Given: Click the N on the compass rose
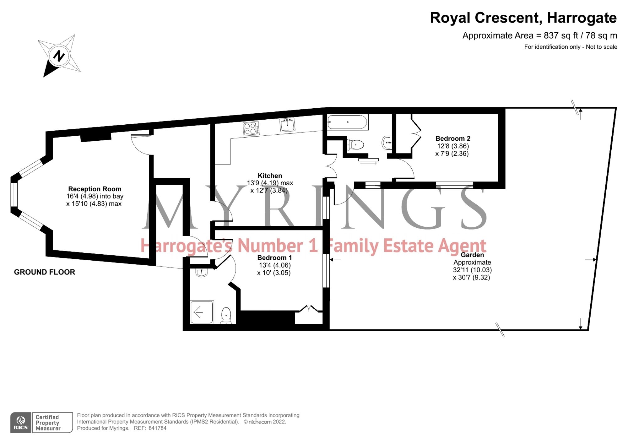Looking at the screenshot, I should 59,56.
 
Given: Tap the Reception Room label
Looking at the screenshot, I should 95,189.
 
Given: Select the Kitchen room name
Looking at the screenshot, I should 270,176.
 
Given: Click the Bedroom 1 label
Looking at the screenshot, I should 274,258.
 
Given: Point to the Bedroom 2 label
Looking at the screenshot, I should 452,138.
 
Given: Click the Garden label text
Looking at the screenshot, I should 472,255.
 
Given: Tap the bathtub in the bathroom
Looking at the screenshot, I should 347,122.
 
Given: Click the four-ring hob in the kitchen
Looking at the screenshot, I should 251,129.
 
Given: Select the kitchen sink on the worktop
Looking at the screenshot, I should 287,125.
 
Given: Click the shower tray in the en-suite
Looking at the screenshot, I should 202,312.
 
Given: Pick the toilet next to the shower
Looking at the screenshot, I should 226,315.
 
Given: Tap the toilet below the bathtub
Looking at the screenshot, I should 356,145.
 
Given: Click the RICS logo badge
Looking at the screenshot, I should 21,423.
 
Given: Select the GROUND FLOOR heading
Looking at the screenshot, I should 45,272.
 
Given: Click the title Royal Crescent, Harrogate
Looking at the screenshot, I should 523,18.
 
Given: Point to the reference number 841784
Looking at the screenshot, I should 157,428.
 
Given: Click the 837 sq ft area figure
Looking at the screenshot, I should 560,35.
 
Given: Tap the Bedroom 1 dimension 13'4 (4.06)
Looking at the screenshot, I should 275,265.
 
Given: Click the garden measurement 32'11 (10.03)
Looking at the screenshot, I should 472,270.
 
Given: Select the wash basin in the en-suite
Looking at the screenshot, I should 201,272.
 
